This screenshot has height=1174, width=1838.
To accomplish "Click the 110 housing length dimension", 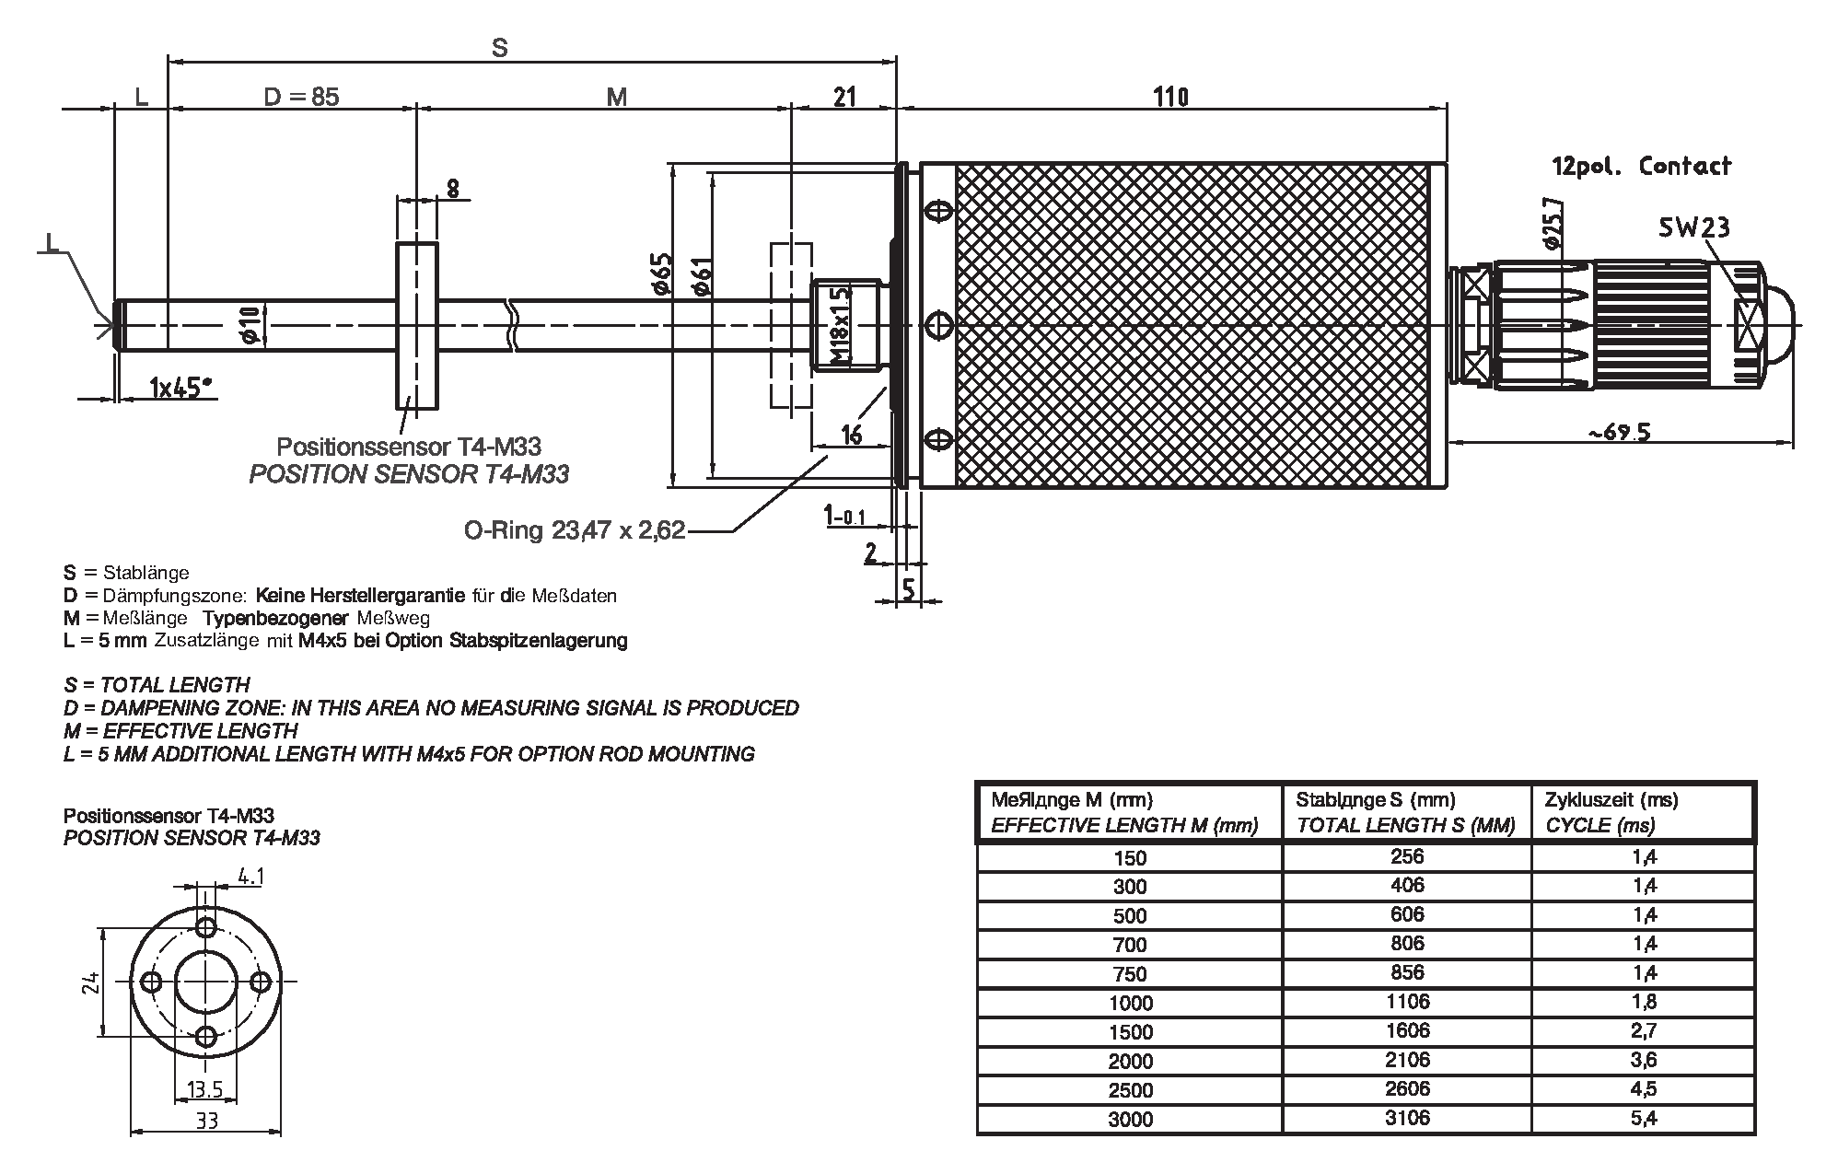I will coord(1169,96).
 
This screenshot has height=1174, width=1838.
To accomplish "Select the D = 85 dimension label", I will coord(301,96).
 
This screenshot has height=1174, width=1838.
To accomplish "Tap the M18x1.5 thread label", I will coord(838,325).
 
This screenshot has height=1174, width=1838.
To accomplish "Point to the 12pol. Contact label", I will coord(1641,167).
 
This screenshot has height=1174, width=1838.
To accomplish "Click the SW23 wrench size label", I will coord(1693,227).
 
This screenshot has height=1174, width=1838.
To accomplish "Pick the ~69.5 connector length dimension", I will coord(1619,431).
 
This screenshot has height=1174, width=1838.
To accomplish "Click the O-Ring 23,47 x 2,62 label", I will coord(575,531).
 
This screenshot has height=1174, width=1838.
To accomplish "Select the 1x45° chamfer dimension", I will coord(181,388).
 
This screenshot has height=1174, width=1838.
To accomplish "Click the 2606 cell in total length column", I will coord(1406,1088).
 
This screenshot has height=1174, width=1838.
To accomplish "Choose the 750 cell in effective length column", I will coord(1129,973).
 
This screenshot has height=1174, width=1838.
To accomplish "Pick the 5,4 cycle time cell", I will coord(1644,1118).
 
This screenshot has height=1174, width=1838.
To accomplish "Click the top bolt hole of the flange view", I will coord(207,925).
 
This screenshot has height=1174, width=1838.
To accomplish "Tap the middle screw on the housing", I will coord(937,325).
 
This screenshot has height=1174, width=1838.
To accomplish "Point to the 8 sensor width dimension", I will coord(452,188).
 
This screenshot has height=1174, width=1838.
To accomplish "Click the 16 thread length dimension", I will coord(852,434).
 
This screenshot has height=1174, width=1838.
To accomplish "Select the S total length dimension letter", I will coord(499,48).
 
